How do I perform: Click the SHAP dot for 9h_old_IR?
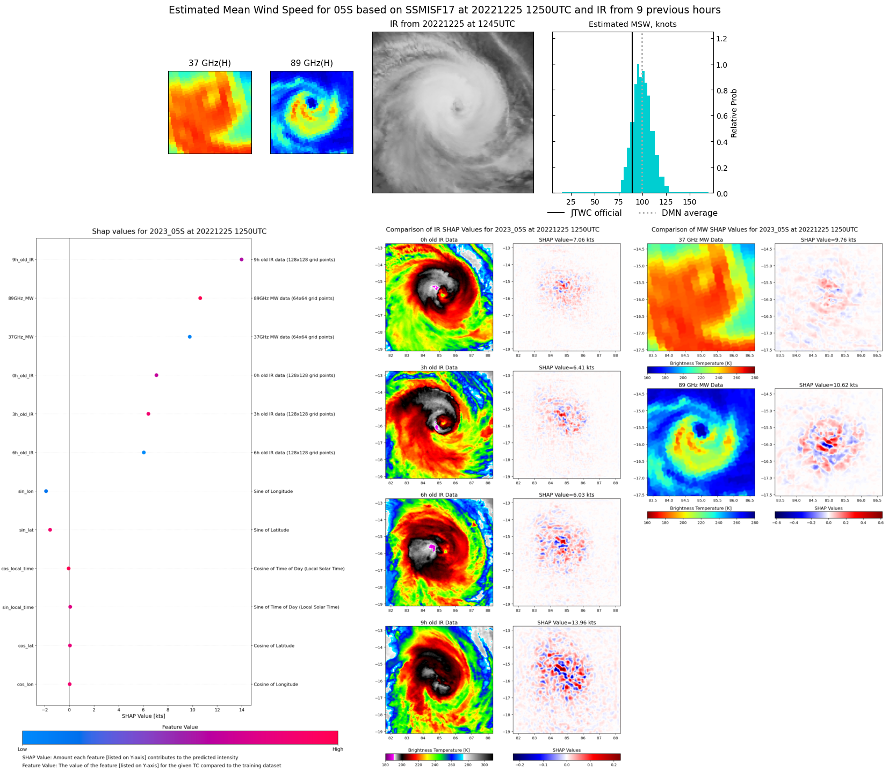[241, 259]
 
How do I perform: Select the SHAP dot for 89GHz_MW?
[200, 298]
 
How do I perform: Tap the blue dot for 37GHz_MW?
[190, 337]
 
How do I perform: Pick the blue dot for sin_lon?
[46, 491]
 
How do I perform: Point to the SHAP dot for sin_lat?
[50, 530]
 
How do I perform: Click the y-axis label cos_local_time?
[18, 569]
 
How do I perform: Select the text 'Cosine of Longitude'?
[276, 685]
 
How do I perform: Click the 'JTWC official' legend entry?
[596, 213]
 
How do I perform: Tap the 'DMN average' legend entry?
[689, 213]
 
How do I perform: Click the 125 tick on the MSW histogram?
[666, 202]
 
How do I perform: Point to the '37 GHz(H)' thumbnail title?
[209, 63]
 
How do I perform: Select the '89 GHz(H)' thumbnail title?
[312, 63]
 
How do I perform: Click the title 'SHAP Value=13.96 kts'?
[567, 623]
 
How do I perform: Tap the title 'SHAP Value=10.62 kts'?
[828, 385]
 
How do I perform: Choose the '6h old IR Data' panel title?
[439, 495]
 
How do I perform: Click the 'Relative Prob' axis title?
[734, 113]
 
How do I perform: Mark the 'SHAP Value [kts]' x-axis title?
[143, 716]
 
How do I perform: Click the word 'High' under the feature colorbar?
[337, 749]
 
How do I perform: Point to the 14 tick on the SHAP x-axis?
[242, 710]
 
